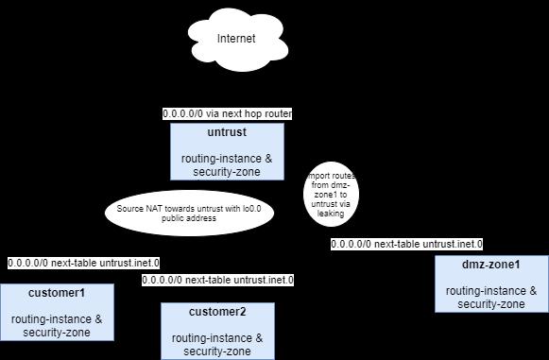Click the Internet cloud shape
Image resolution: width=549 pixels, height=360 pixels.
[236, 40]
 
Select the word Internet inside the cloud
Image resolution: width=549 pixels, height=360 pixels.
[236, 39]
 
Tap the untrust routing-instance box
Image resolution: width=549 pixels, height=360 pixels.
[226, 151]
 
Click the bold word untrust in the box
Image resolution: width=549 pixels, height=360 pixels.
[227, 132]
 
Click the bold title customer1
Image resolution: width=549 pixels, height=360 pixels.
[57, 292]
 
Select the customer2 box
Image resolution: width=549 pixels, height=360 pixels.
[217, 331]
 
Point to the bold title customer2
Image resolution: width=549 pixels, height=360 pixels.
[217, 312]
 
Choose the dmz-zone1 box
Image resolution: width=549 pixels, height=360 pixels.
[491, 283]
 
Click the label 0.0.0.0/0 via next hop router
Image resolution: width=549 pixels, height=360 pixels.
[227, 113]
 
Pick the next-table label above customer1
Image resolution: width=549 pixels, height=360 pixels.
[83, 263]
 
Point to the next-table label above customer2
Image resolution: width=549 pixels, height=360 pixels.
[217, 280]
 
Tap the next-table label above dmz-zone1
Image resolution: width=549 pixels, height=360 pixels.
[406, 244]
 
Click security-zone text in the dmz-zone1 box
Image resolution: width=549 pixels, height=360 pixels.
[491, 303]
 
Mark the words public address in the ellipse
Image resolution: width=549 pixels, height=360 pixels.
[189, 217]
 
